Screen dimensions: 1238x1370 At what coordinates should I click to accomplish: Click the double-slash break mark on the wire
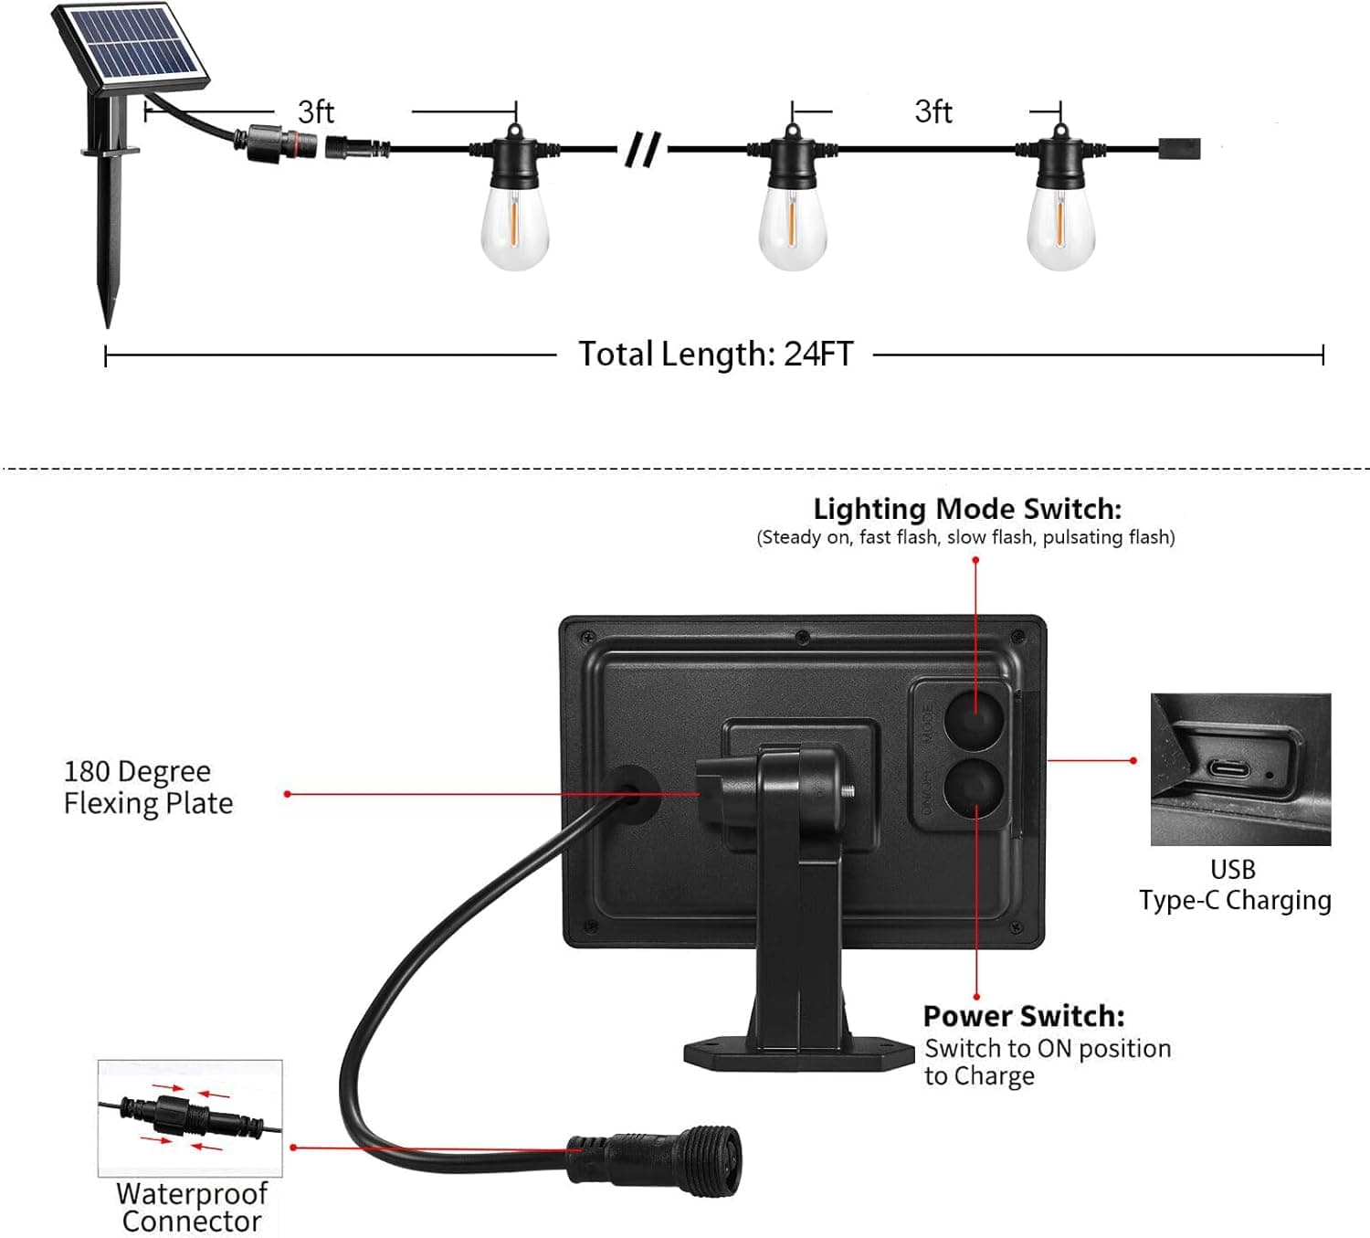tap(642, 149)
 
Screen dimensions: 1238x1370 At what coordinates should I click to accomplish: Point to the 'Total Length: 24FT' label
tap(715, 354)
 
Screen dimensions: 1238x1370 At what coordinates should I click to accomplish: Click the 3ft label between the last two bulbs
tap(933, 111)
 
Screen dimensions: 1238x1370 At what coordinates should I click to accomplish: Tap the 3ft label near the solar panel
tap(315, 111)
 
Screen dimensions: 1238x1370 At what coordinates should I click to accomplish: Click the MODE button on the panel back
tap(974, 718)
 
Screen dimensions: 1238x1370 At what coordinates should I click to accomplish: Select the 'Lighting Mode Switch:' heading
tap(966, 509)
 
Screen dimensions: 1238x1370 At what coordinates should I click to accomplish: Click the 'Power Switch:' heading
tap(1023, 1016)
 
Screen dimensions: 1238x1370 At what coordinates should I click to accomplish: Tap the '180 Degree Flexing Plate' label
tap(148, 787)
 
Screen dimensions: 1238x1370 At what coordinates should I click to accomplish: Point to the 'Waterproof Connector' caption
tap(192, 1207)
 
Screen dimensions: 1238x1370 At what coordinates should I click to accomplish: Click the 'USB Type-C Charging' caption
tap(1234, 884)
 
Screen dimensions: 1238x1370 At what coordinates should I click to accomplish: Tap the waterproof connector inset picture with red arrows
tap(190, 1118)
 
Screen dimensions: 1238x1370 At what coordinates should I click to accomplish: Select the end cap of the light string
tap(1179, 148)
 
